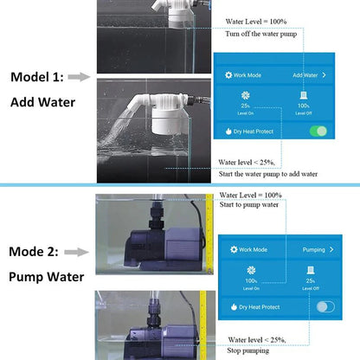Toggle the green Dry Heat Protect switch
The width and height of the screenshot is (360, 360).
point(320,131)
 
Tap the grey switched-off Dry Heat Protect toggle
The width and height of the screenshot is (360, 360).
point(326,306)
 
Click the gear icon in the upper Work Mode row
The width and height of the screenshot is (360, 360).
point(228,75)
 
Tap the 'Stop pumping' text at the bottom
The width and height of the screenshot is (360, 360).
point(247,351)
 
